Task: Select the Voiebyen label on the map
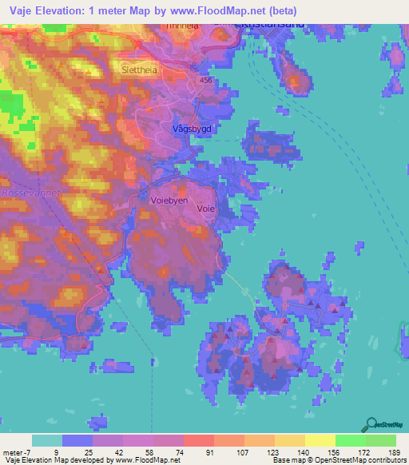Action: click(x=169, y=201)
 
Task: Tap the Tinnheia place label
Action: click(x=181, y=26)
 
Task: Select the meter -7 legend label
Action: click(x=18, y=451)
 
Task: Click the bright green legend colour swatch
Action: click(x=350, y=440)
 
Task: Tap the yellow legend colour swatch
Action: click(x=320, y=440)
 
